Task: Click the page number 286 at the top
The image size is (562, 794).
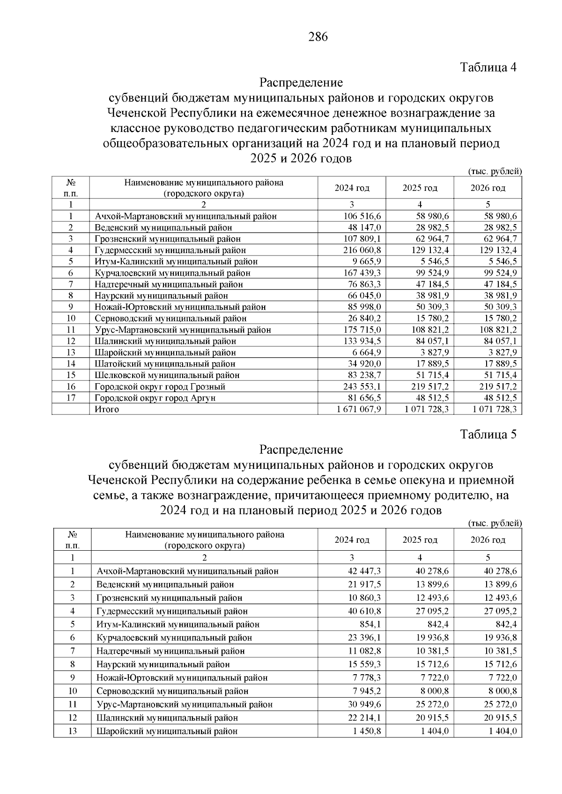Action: tap(318, 37)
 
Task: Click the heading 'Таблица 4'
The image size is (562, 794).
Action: tap(488, 67)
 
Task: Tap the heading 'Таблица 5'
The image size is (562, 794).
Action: tap(488, 435)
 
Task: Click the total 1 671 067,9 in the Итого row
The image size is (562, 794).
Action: tap(356, 409)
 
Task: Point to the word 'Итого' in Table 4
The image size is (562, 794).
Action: tap(107, 409)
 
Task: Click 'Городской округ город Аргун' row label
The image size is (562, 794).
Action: tap(155, 398)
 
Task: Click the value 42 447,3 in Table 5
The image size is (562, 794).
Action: tap(364, 571)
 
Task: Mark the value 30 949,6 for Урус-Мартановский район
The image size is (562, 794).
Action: tap(364, 704)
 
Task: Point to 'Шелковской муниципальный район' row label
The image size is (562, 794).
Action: tap(167, 375)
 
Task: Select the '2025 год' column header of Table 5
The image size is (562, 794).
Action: tap(420, 540)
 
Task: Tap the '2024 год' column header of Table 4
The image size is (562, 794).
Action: tap(352, 188)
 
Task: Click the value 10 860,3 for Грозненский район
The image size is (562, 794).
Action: tap(364, 597)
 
